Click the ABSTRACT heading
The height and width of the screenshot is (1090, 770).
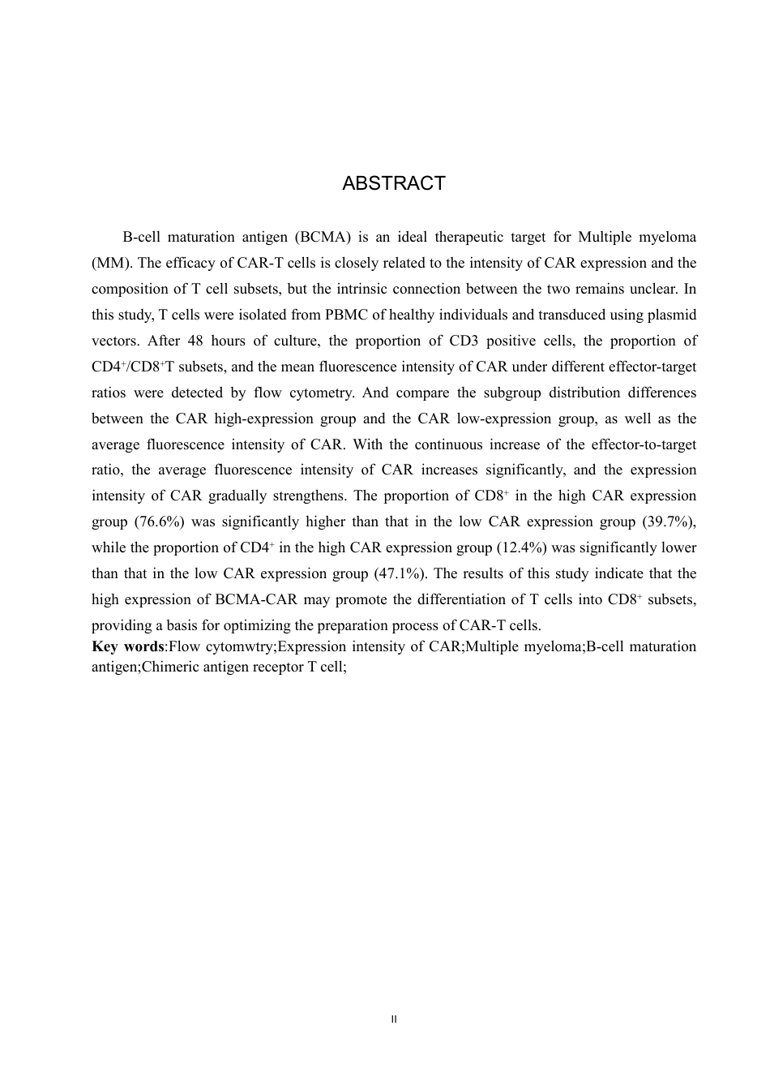[x=393, y=183]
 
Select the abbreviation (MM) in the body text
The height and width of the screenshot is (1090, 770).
[x=109, y=264]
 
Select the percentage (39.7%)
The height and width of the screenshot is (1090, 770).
[x=669, y=521]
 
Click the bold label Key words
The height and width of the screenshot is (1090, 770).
[x=128, y=646]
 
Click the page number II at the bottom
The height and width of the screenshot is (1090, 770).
[x=393, y=1019]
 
